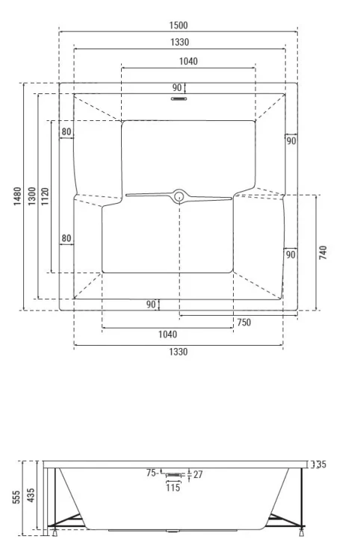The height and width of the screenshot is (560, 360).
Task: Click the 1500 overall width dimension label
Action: [x=179, y=25]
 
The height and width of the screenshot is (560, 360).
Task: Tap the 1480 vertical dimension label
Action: [x=17, y=196]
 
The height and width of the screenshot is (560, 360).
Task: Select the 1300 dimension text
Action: [x=32, y=196]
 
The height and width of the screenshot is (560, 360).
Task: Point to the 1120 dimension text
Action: [x=46, y=196]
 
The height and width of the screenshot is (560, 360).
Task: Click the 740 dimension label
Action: [x=323, y=252]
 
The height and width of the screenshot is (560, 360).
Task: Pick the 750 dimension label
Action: [x=244, y=323]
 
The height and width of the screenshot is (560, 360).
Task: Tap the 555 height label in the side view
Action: [x=16, y=497]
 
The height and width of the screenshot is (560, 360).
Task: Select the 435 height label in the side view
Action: [x=31, y=496]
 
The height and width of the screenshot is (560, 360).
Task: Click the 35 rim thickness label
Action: [x=321, y=464]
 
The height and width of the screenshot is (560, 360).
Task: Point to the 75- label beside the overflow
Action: [x=152, y=473]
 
